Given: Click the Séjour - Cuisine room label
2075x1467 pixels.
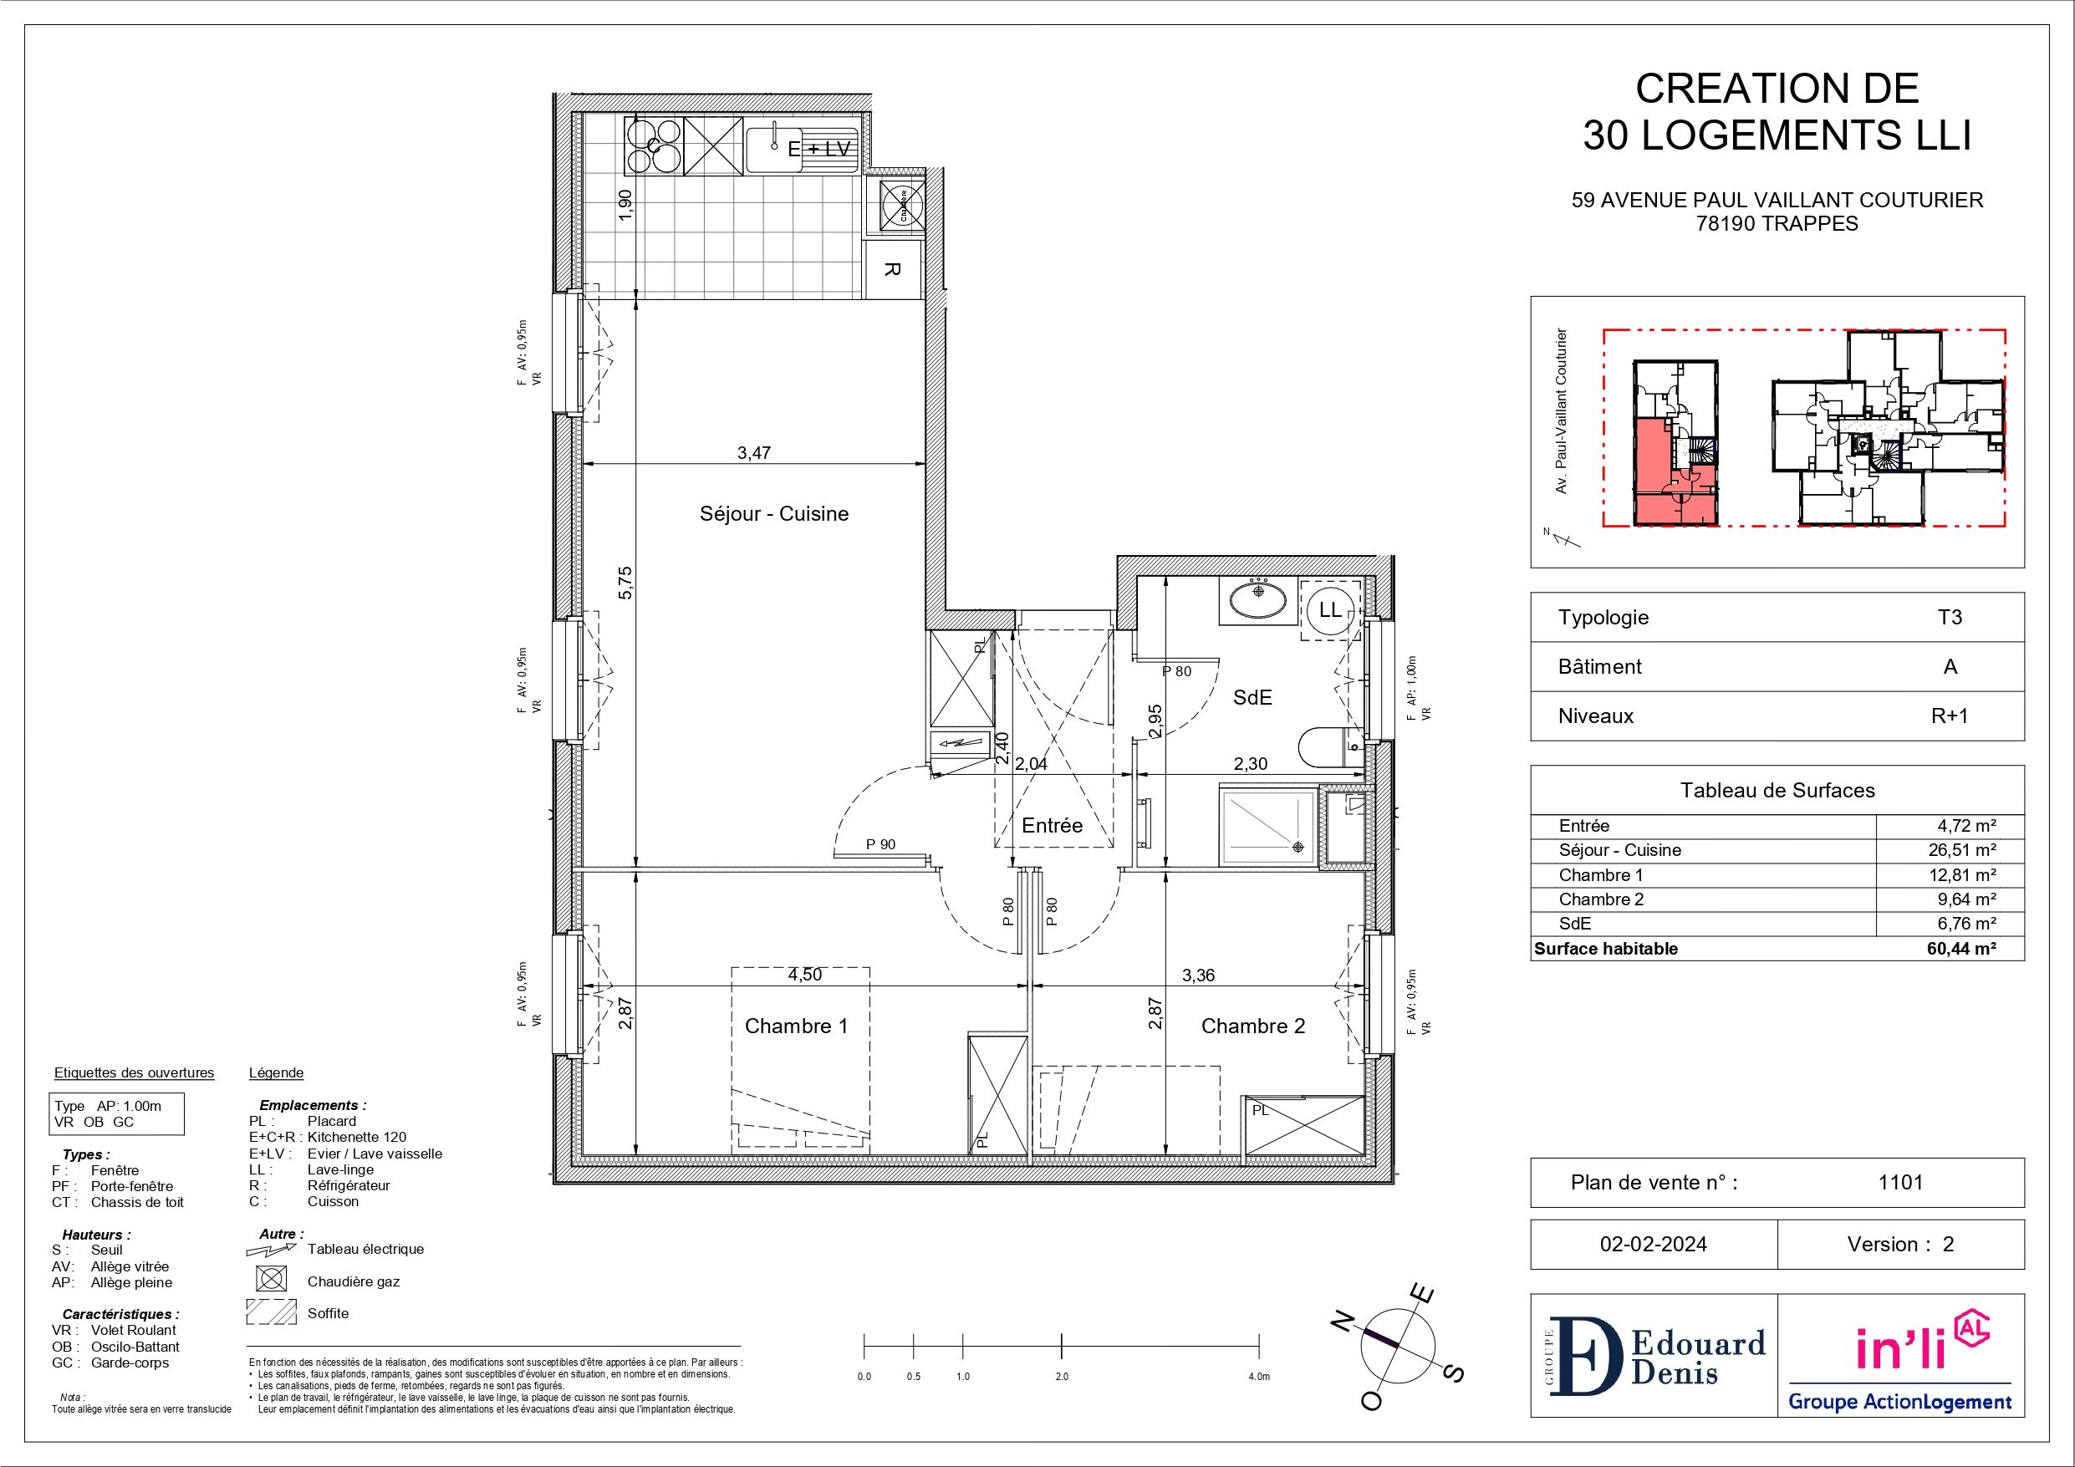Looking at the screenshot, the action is point(773,513).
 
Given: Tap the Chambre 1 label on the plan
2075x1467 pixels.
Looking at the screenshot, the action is point(796,1026).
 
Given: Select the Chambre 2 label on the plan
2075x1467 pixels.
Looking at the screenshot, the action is point(1252,1026).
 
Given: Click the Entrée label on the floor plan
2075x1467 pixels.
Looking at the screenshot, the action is point(1052,825).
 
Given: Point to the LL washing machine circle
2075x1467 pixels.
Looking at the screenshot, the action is point(1330,610).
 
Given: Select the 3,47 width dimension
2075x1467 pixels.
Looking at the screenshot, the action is point(754,453).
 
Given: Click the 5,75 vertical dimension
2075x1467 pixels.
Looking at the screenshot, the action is point(626,582).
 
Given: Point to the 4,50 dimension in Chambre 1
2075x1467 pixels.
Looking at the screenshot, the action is point(804,975).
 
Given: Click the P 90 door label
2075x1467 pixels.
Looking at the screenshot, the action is point(880,844).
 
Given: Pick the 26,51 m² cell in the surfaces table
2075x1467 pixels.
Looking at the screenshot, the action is point(1970,849).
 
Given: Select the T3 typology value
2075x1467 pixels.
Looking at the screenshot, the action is point(1950,618).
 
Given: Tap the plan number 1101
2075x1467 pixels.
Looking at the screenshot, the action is point(1900,1182).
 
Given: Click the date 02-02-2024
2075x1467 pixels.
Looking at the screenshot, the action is point(1653,1245).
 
